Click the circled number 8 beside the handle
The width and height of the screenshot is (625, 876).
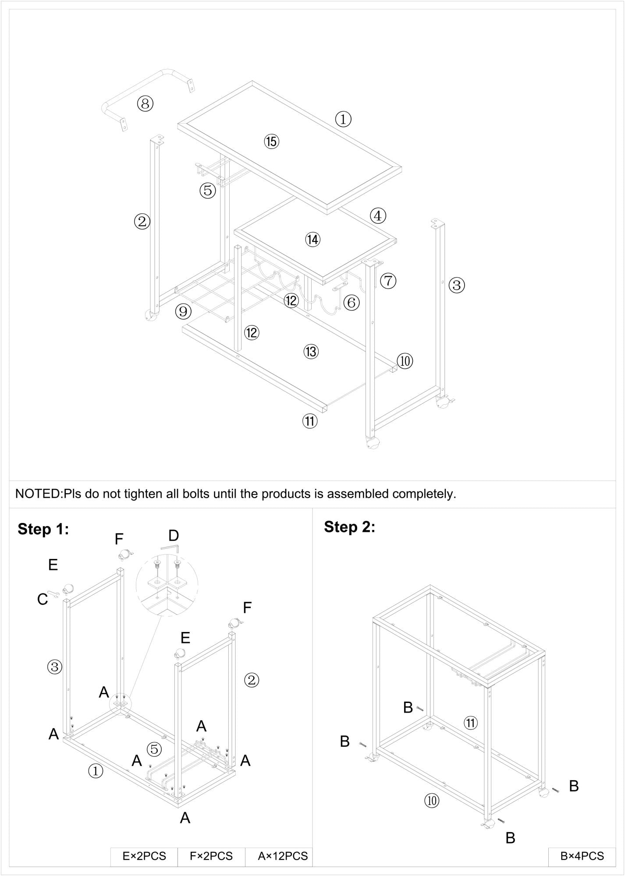pyautogui.click(x=145, y=104)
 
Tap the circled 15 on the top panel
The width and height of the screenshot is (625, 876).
pyautogui.click(x=271, y=141)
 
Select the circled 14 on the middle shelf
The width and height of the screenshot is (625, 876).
pyautogui.click(x=313, y=240)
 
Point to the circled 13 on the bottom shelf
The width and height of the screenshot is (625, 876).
pyautogui.click(x=311, y=351)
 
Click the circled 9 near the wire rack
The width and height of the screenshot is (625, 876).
pyautogui.click(x=183, y=311)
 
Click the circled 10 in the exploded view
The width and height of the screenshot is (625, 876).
pyautogui.click(x=405, y=361)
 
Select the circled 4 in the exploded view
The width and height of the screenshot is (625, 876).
pyautogui.click(x=378, y=215)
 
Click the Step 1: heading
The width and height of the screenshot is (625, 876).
pyautogui.click(x=43, y=530)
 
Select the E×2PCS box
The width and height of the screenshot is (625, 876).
pyautogui.click(x=144, y=856)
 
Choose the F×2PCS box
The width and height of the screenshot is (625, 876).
pyautogui.click(x=211, y=856)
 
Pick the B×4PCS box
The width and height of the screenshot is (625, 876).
pyautogui.click(x=582, y=856)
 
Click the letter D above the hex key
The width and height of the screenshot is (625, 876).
pyautogui.click(x=174, y=536)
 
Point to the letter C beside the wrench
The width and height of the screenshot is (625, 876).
pyautogui.click(x=43, y=599)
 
